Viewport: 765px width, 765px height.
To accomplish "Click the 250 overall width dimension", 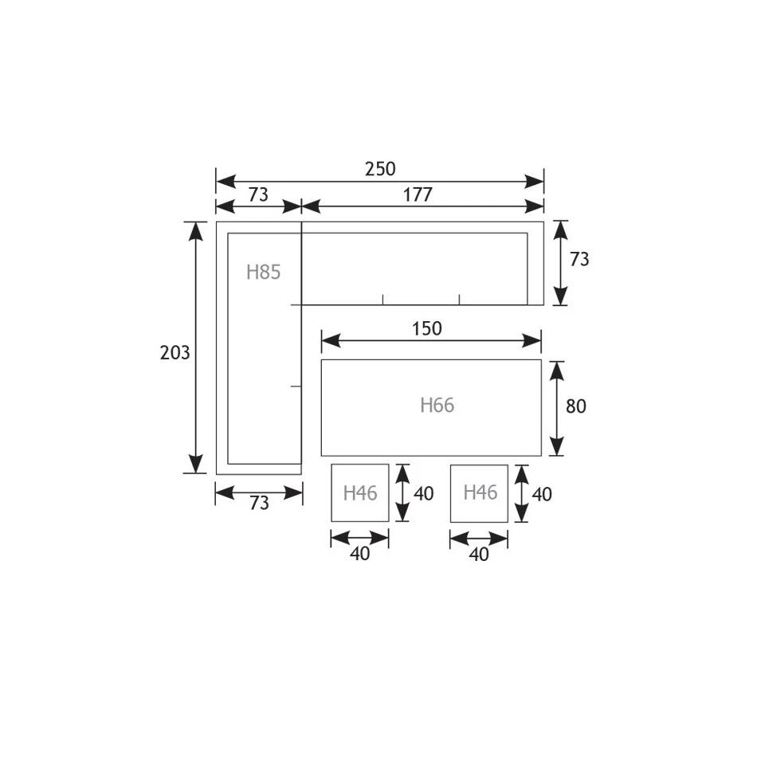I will [x=380, y=168].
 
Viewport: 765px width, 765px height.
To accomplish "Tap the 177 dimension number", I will [x=418, y=194].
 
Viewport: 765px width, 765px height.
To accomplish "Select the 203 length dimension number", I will [x=175, y=352].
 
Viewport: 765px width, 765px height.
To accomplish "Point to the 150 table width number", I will [x=427, y=328].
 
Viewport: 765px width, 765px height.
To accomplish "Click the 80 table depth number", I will [x=576, y=406].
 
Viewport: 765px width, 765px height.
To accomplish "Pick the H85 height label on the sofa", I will [x=263, y=273].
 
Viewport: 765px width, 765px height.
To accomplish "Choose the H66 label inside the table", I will [x=437, y=406].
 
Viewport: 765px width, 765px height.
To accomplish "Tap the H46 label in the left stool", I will [x=360, y=493].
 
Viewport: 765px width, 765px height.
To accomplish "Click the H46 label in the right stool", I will [x=480, y=492].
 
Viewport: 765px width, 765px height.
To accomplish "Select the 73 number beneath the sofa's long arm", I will [x=259, y=504].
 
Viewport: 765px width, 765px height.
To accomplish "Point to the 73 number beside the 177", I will [x=257, y=194].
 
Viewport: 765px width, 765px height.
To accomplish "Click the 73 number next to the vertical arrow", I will [x=579, y=259].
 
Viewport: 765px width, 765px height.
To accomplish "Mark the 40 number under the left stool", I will [x=360, y=555].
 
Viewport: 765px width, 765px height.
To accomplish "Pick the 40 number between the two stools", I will [x=424, y=494].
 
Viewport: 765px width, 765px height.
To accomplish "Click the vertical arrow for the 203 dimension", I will [x=196, y=347].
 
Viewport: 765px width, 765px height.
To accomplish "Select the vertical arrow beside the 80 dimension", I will [x=557, y=408].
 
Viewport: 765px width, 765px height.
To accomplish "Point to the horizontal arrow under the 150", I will [x=431, y=341].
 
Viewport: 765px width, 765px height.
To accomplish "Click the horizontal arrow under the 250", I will [x=380, y=182].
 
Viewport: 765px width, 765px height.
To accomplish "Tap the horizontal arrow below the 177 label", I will [x=422, y=207].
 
